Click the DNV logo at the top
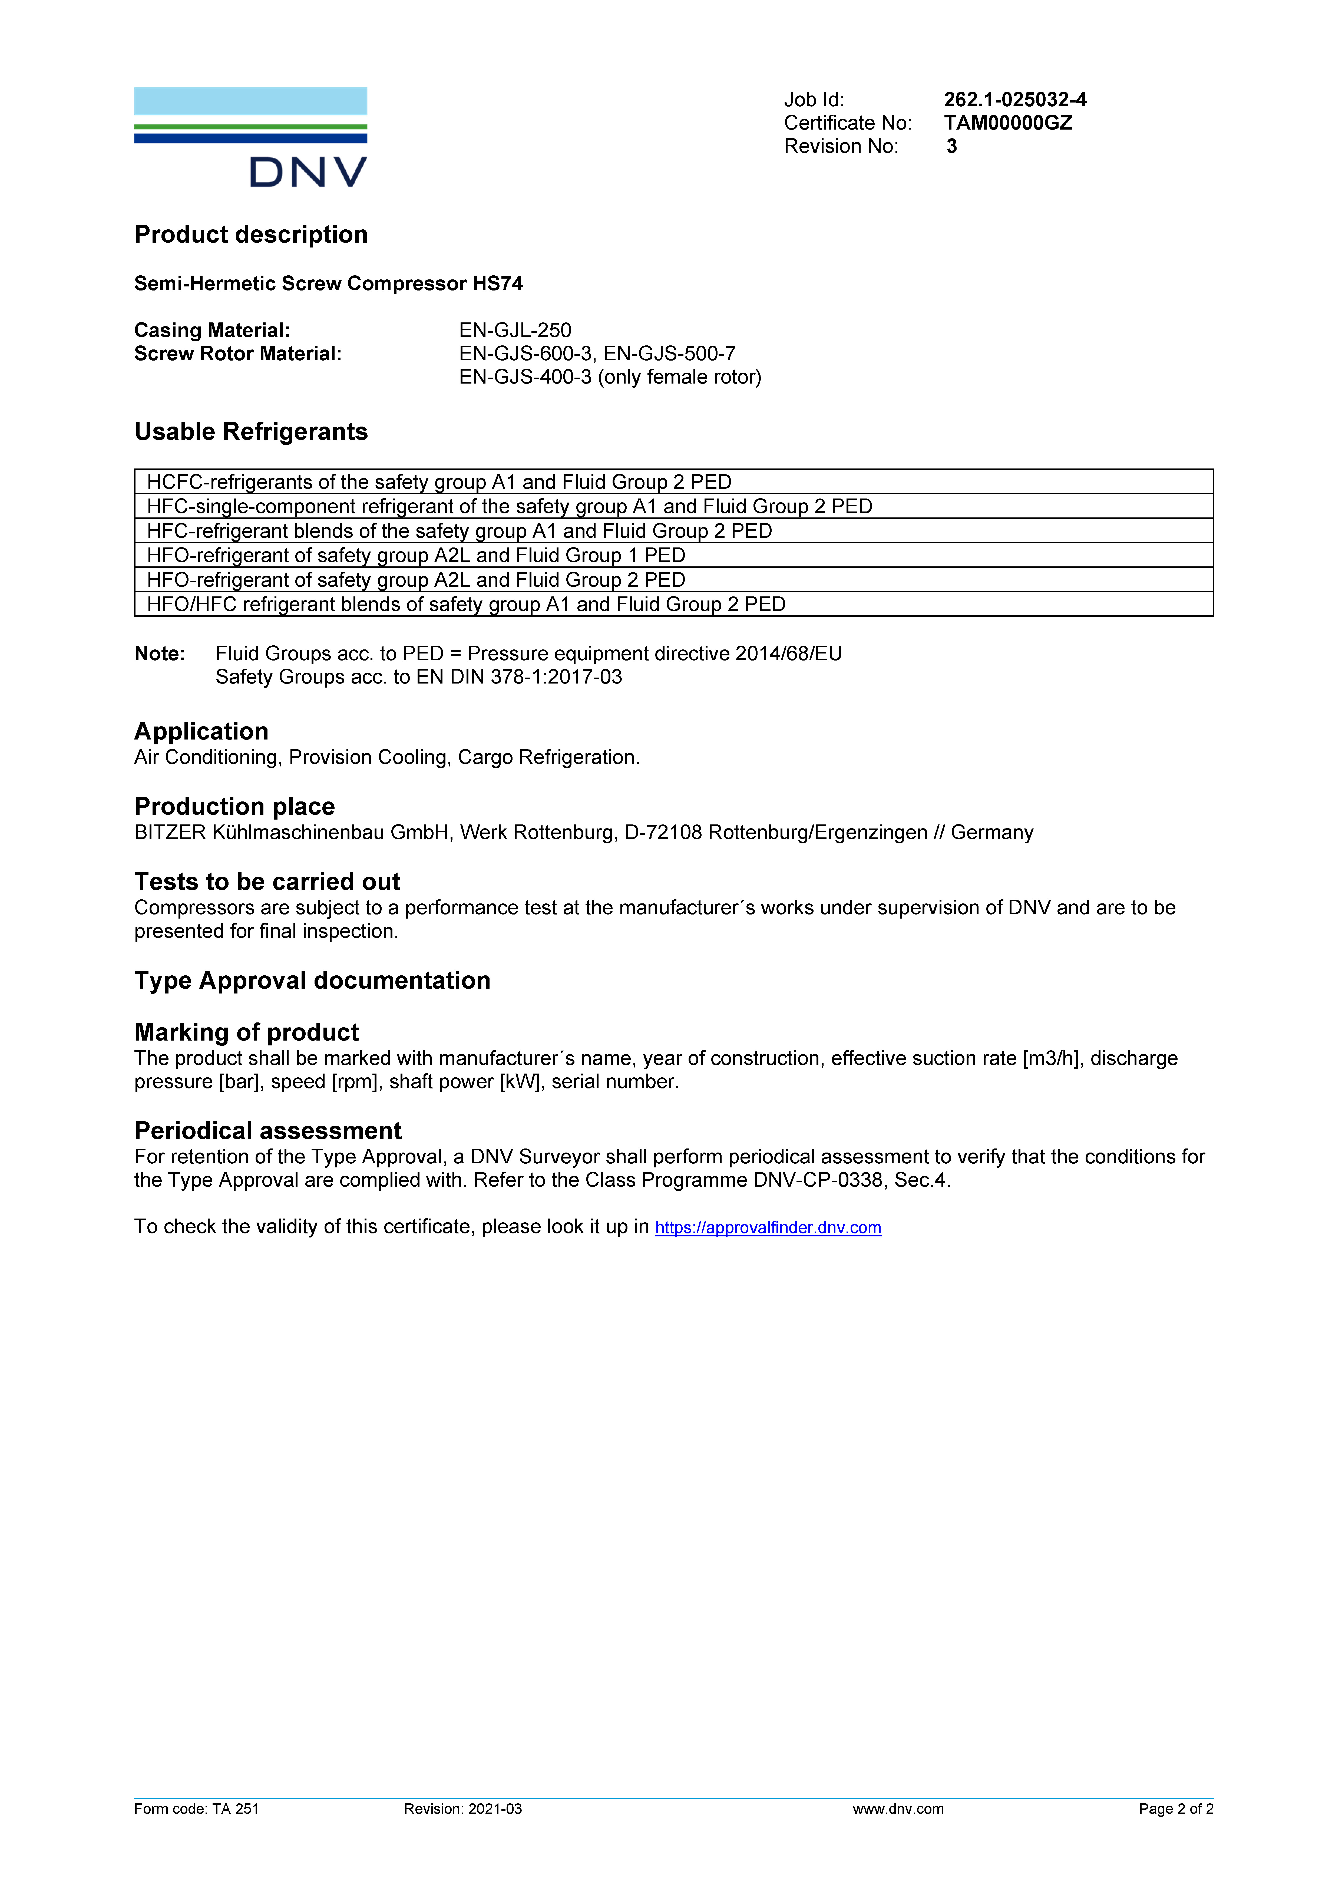pyautogui.click(x=250, y=137)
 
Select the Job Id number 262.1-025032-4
pyautogui.click(x=1015, y=100)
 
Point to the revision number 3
pyautogui.click(x=951, y=146)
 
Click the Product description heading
pyautogui.click(x=250, y=235)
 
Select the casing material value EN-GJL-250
pyautogui.click(x=515, y=331)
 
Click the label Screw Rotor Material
pyautogui.click(x=237, y=354)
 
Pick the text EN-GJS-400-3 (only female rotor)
pyautogui.click(x=610, y=377)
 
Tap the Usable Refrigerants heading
pyautogui.click(x=250, y=431)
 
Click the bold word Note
pyautogui.click(x=160, y=654)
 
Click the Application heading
pyautogui.click(x=201, y=732)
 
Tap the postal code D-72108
pyautogui.click(x=663, y=833)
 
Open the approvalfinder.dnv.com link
pyautogui.click(x=768, y=1227)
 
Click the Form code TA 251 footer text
pyautogui.click(x=197, y=1809)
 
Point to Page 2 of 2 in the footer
pyautogui.click(x=1175, y=1809)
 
